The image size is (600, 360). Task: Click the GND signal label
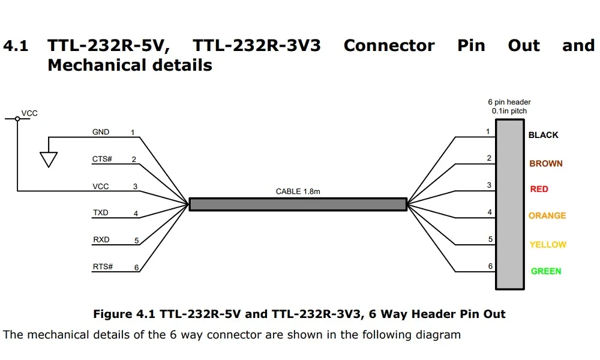pos(101,132)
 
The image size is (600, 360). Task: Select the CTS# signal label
pos(102,159)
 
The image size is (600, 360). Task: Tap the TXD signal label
pos(101,213)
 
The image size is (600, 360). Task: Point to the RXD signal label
pos(101,239)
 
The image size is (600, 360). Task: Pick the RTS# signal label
pos(103,266)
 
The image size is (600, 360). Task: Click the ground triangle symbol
pos(49,159)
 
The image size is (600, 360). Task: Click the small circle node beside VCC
pos(17,119)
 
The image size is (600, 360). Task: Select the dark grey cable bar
pos(298,204)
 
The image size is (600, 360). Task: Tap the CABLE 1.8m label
pos(298,191)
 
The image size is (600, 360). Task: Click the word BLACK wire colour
pos(543,135)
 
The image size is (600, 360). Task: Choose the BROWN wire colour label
pos(546,163)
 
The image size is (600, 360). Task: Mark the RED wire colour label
pos(539,189)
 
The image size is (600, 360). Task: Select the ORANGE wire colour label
pos(547,215)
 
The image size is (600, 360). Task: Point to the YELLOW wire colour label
pos(548,244)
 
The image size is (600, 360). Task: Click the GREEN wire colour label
pos(546,271)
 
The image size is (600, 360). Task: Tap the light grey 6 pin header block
pos(509,204)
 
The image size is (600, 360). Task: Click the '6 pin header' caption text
pos(509,102)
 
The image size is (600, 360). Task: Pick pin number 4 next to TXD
pos(136,214)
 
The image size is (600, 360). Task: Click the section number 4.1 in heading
pos(16,46)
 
